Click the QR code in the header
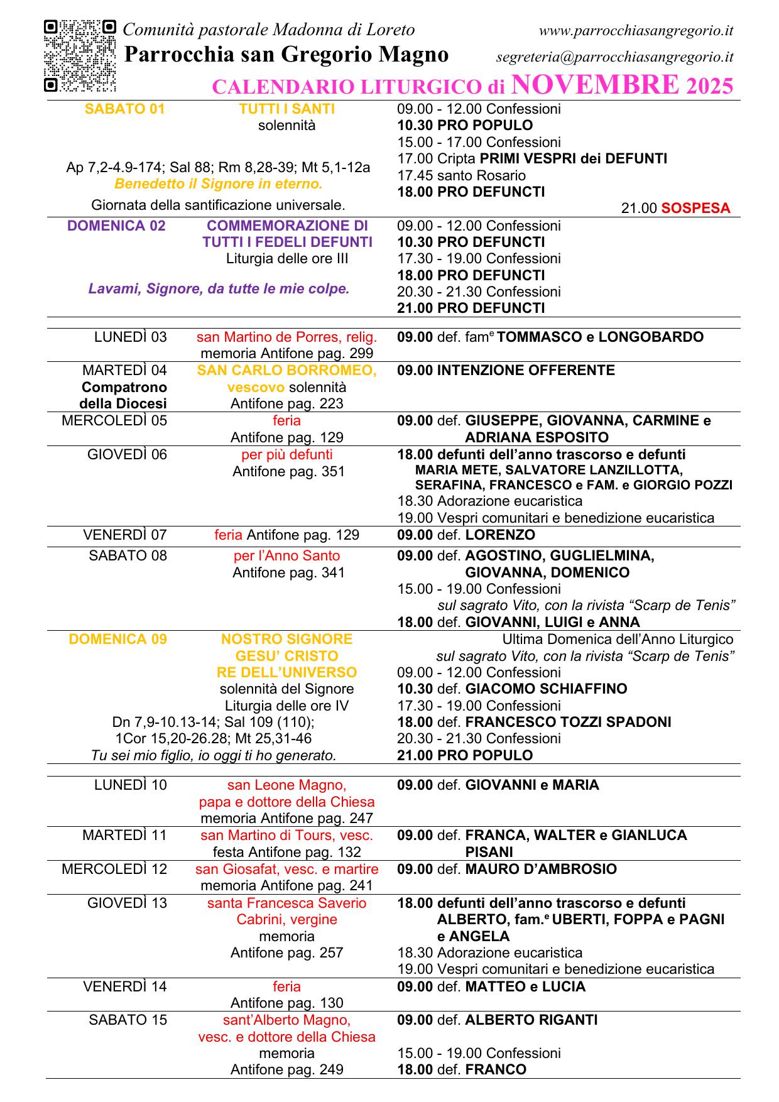[80, 56]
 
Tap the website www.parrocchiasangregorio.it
[636, 30]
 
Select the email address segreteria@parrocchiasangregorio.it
[614, 57]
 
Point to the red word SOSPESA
[695, 208]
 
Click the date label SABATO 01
[124, 109]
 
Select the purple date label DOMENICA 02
[116, 226]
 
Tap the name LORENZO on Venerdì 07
[500, 535]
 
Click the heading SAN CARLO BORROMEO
[286, 370]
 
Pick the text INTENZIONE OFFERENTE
[526, 370]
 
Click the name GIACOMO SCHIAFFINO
[546, 689]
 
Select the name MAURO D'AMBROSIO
[541, 869]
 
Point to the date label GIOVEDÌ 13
[127, 903]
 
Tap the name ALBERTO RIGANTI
[531, 1020]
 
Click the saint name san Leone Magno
[286, 785]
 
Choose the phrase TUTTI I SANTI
[286, 109]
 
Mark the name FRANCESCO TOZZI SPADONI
[568, 722]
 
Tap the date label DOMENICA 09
[117, 639]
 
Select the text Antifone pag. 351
[288, 471]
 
